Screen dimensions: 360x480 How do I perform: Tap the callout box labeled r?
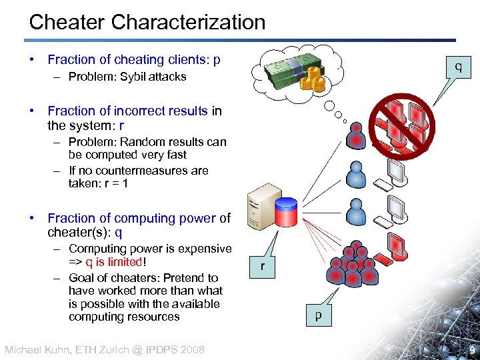click(263, 266)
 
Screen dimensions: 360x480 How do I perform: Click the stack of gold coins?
click(313, 81)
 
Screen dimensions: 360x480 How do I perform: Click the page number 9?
click(471, 350)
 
